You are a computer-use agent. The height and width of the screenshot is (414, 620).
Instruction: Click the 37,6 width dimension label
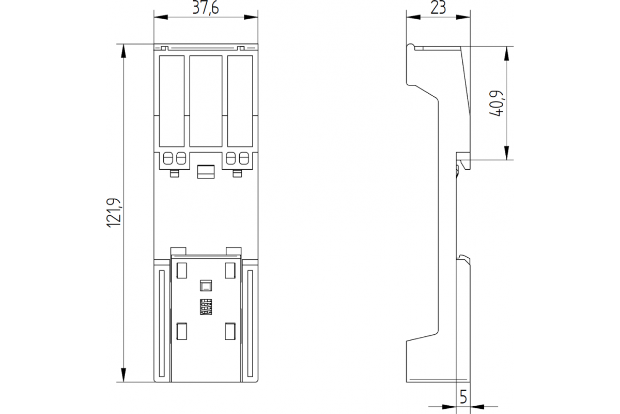[x=206, y=8]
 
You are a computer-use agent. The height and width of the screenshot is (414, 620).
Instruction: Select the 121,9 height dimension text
[x=114, y=213]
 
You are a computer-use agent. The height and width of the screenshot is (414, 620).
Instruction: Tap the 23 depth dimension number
[x=438, y=7]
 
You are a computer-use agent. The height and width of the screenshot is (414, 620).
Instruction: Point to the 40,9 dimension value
[x=497, y=103]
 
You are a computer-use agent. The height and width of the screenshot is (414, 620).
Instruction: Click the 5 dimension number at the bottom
[x=463, y=396]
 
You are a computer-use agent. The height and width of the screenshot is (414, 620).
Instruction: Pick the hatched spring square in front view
[x=206, y=307]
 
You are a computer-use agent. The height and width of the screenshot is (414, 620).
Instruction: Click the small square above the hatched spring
[x=206, y=286]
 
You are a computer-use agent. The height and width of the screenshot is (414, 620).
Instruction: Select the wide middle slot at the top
[x=206, y=101]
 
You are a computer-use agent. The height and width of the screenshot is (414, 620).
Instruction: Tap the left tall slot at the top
[x=172, y=101]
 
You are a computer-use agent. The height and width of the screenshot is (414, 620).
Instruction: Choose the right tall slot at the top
[x=240, y=101]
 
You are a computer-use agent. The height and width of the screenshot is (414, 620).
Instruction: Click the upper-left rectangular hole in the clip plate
[x=181, y=270]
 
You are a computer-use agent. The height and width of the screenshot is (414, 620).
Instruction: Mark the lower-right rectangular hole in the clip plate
[x=230, y=331]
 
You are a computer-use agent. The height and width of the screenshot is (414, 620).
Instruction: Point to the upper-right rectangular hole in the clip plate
[x=230, y=270]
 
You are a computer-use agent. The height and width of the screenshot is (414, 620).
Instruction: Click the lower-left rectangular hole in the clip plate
[x=181, y=331]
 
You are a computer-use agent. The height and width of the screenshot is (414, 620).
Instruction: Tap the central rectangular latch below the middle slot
[x=206, y=172]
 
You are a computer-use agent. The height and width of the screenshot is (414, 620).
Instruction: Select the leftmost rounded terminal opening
[x=168, y=158]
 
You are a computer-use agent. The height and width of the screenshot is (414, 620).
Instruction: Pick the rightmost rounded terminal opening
[x=244, y=158]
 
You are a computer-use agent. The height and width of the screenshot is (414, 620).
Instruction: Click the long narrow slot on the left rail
[x=162, y=323]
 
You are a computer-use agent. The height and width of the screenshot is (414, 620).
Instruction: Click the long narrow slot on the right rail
[x=250, y=323]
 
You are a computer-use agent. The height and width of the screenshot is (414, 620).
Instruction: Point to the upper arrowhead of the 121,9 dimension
[x=123, y=51]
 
